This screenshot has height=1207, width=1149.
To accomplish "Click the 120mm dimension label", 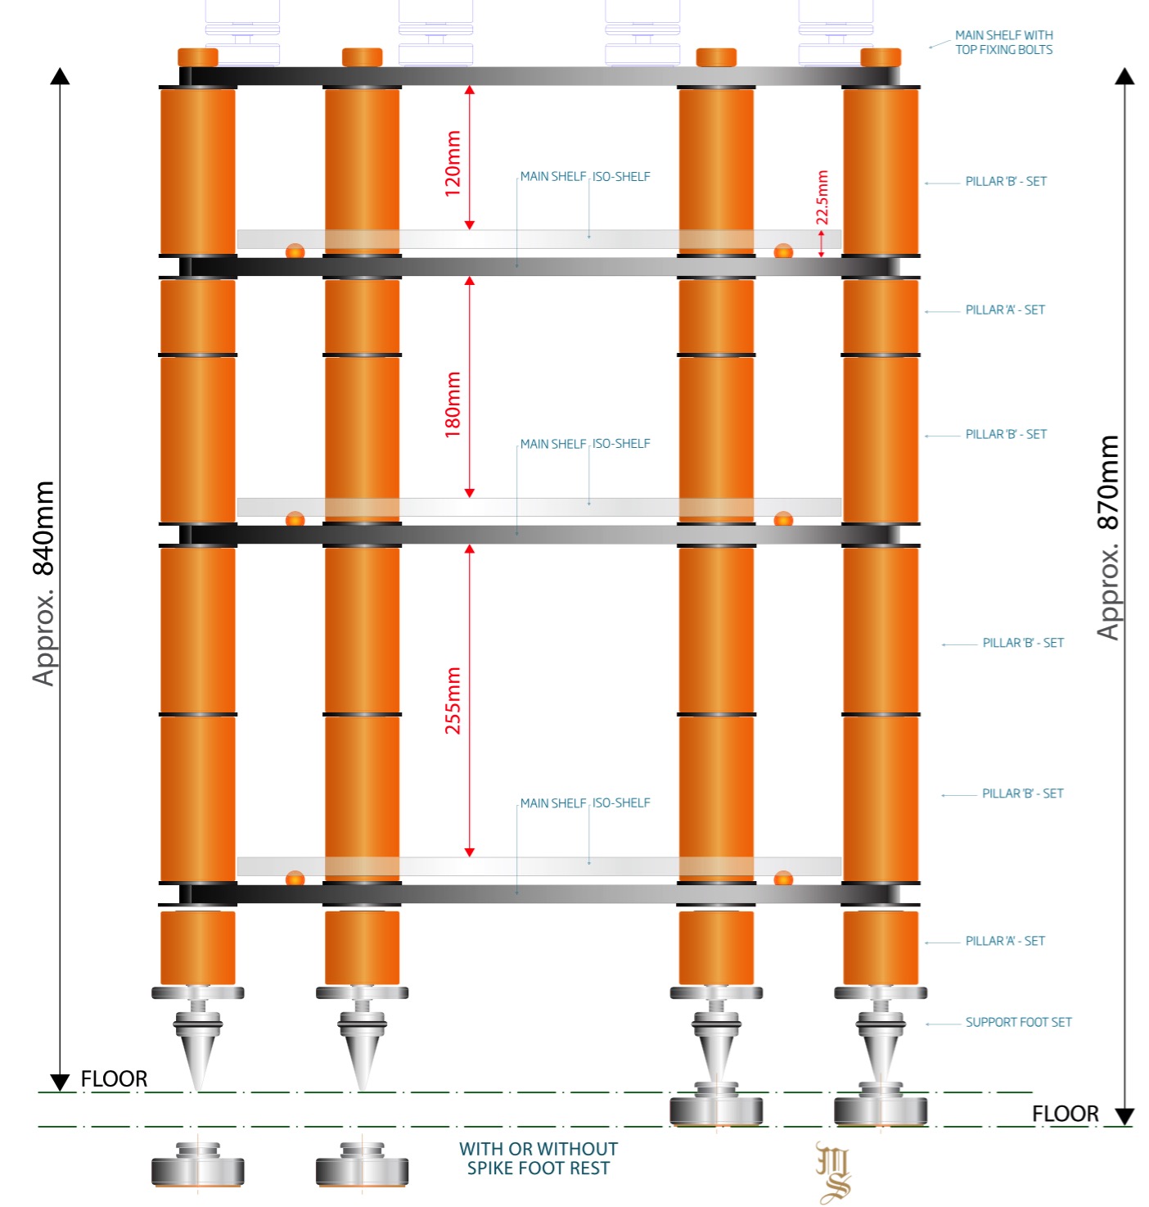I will (453, 163).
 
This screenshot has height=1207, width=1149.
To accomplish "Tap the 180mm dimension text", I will (453, 405).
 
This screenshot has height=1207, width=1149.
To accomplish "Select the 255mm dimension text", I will (453, 700).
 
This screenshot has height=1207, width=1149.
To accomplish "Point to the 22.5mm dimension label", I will (822, 197).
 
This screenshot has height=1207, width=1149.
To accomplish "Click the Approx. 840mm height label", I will (43, 583).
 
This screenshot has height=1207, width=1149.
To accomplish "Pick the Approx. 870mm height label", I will (1108, 537).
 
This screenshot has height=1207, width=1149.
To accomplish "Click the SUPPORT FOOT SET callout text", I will (1018, 1022).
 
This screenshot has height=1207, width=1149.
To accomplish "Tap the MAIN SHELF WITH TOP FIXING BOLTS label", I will (1003, 43).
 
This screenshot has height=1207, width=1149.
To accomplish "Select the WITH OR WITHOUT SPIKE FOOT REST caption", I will (538, 1159).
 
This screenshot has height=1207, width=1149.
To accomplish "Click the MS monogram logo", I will (833, 1173).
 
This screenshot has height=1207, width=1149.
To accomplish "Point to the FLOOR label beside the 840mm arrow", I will (114, 1079).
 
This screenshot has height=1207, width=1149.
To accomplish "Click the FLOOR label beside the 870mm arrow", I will (1065, 1114).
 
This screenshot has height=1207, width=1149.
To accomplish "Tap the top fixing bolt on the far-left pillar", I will (198, 57).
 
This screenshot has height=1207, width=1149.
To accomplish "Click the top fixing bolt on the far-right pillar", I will (881, 57).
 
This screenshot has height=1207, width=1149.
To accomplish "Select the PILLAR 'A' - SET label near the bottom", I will (1005, 941).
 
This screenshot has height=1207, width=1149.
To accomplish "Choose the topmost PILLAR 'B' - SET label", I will (1006, 181).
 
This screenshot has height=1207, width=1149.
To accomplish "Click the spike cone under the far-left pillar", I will (197, 1056).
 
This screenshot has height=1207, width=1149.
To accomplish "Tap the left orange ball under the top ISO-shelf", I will (295, 251).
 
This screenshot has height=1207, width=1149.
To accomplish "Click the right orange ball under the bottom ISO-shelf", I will (783, 879).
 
